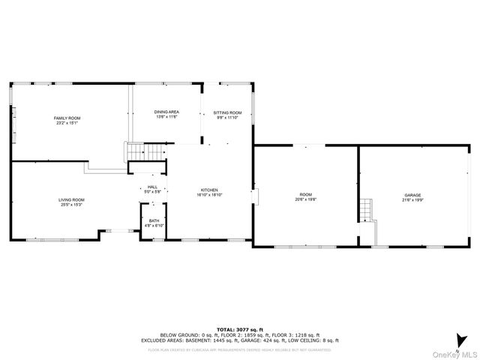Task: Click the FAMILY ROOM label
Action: [67, 118]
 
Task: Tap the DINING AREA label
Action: [166, 112]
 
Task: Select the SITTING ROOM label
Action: [227, 112]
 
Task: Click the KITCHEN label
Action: [209, 190]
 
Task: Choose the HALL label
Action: [152, 187]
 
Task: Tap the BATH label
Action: [153, 220]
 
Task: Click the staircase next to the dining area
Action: [145, 151]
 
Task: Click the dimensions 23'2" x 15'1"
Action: [67, 123]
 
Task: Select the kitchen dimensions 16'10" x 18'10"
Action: [209, 194]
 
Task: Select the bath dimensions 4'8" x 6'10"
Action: [153, 225]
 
